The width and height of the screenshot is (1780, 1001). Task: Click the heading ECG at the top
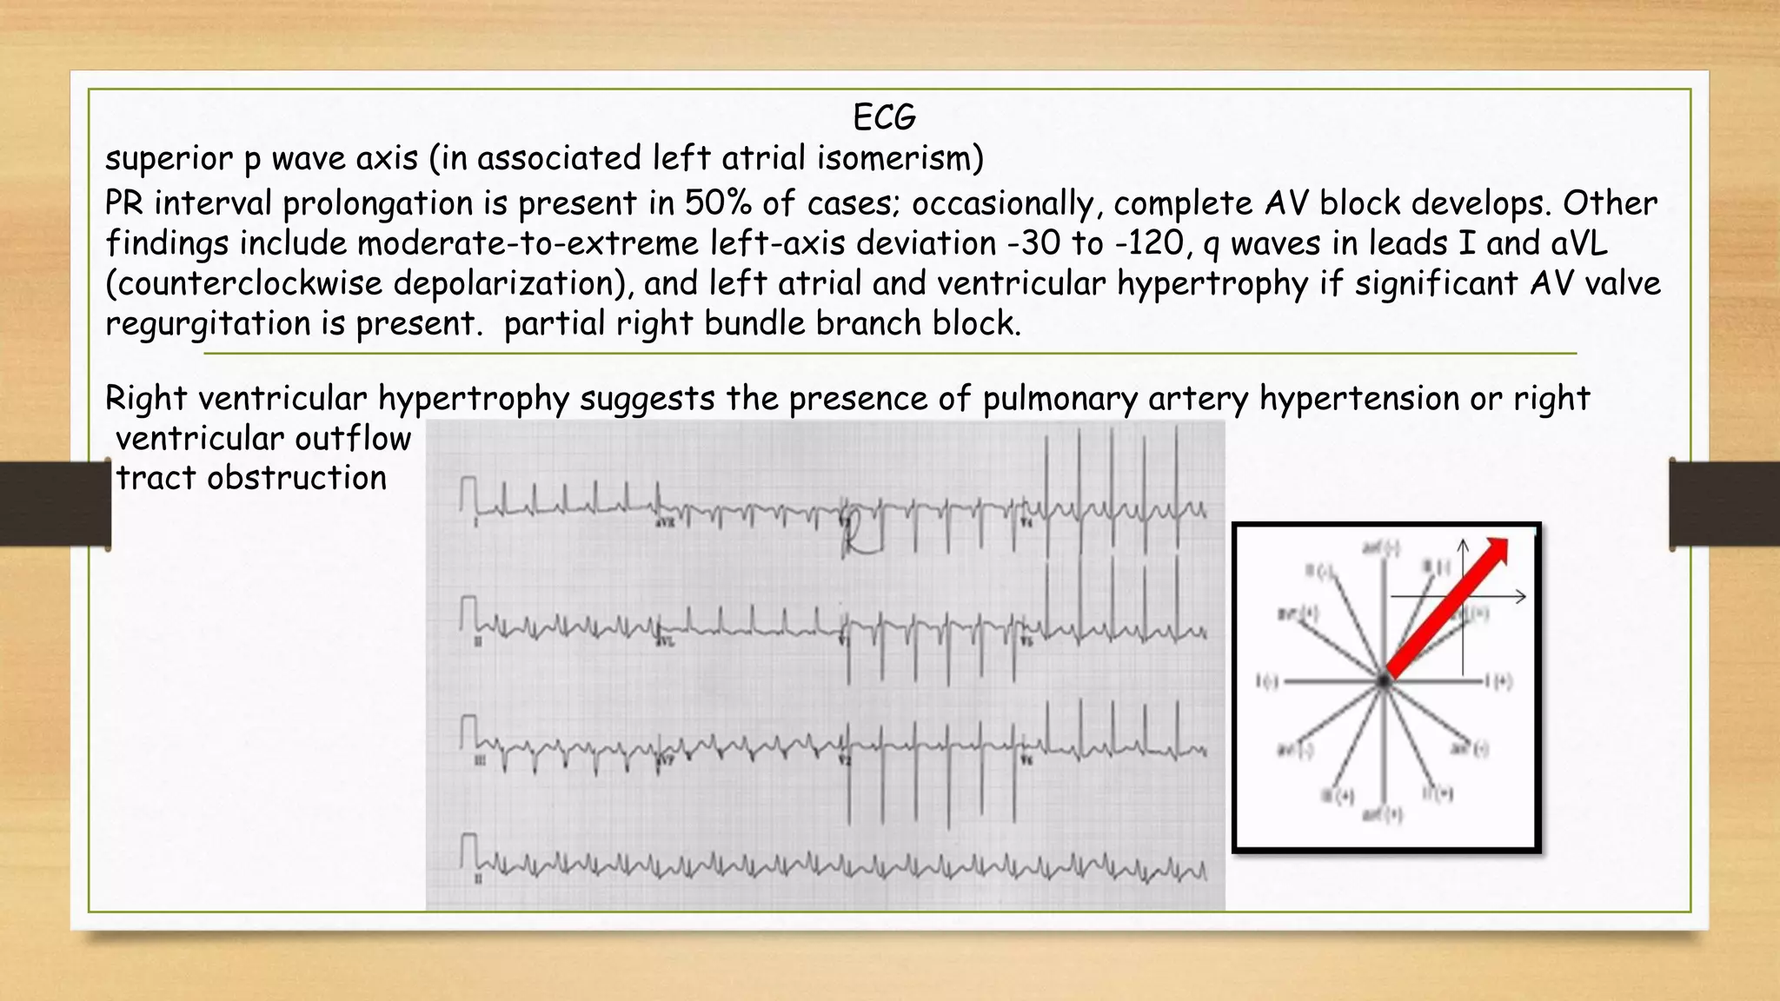tap(884, 117)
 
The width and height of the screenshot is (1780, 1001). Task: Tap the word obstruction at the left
tap(296, 478)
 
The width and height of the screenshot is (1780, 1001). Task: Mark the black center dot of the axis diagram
tap(1383, 682)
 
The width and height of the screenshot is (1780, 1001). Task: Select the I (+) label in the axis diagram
tap(1498, 682)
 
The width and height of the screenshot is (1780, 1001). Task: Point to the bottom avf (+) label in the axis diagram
tap(1382, 815)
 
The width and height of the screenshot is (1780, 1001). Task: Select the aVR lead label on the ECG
tap(665, 523)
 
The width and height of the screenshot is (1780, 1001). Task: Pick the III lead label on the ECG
tap(479, 761)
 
